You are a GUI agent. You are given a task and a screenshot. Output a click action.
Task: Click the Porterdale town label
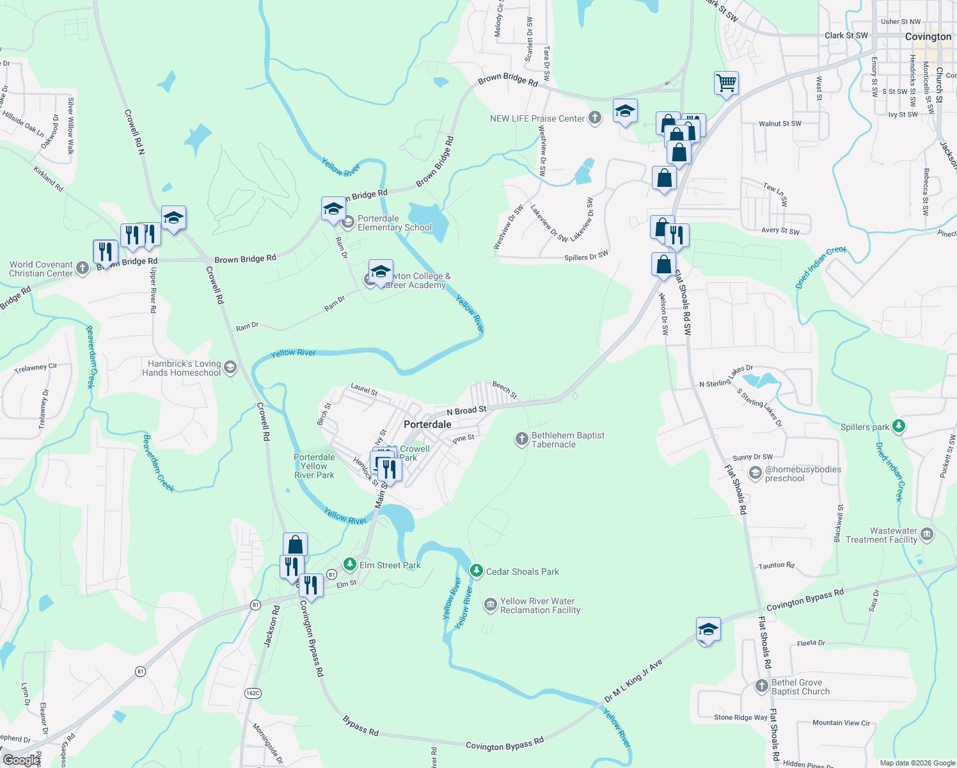click(427, 424)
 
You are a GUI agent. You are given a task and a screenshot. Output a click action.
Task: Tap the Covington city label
click(928, 37)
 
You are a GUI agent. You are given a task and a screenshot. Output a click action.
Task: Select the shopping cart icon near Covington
click(726, 83)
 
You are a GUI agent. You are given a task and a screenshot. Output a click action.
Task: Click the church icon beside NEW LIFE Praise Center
click(595, 118)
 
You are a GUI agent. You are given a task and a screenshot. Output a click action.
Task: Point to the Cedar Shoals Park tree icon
click(476, 571)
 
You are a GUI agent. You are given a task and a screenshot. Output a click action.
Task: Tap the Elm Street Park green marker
click(349, 564)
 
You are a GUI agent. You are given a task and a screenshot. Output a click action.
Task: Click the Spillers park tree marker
click(899, 426)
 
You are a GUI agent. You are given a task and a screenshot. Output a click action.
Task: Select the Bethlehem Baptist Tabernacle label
click(568, 440)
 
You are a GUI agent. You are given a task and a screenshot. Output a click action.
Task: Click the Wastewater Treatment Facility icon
click(927, 534)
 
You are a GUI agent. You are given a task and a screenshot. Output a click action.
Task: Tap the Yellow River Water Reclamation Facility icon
click(490, 605)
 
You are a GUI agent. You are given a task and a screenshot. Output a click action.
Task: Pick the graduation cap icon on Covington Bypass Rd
click(708, 630)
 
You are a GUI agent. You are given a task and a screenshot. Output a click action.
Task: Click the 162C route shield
click(253, 692)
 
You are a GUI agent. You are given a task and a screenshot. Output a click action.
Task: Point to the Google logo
click(21, 760)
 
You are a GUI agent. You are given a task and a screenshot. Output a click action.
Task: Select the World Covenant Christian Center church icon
click(83, 268)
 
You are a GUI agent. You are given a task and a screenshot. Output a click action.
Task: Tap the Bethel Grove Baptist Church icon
click(761, 686)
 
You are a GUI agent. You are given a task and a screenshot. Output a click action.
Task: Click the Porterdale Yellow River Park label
click(314, 466)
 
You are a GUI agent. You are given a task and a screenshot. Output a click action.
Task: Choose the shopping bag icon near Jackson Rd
click(295, 545)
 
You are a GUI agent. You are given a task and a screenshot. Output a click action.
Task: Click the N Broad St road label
click(466, 410)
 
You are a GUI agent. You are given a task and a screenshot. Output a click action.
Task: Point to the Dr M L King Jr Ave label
click(634, 682)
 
